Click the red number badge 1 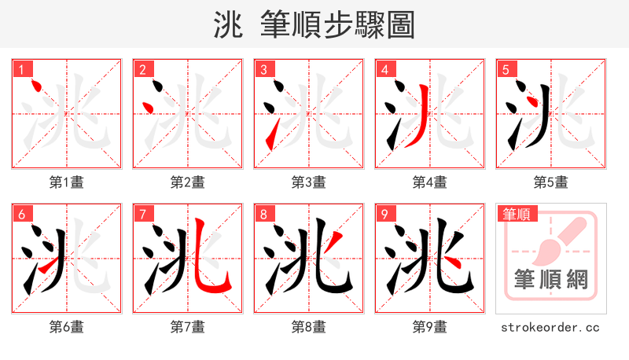coord(21,69)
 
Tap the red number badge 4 coord(384,69)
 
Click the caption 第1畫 coord(67,182)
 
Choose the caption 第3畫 coord(309,182)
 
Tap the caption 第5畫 coord(551,182)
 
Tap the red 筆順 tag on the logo coord(518,214)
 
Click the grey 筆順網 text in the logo coord(551,279)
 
